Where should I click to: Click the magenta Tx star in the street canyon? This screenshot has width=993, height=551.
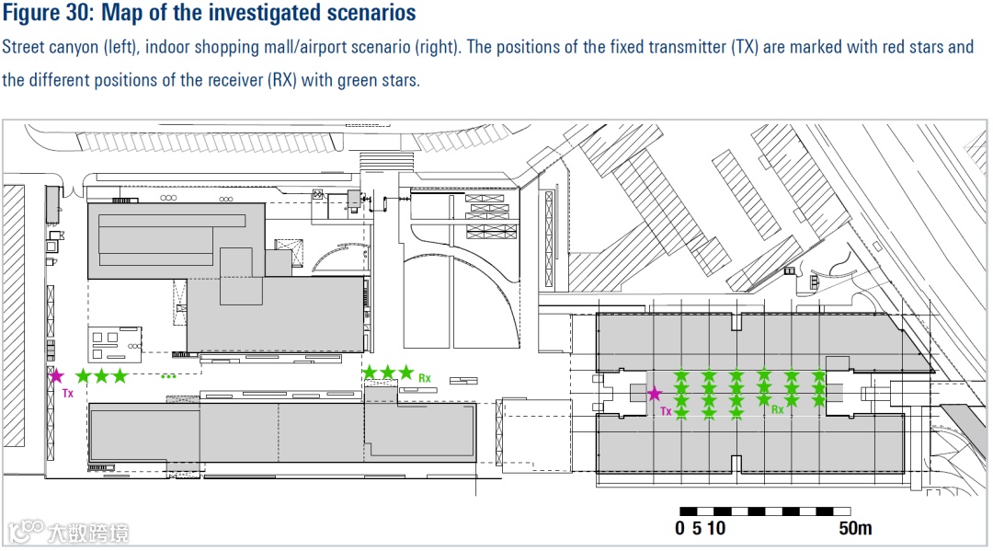coord(56,375)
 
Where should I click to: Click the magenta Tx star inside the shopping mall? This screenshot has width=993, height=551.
coord(654,394)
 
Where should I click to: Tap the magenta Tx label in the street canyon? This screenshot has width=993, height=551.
coord(67,393)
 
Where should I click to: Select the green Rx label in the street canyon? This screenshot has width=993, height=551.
coord(425,377)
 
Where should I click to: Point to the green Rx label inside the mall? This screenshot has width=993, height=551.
coord(778,409)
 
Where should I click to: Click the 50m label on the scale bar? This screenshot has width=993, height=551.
coord(855,528)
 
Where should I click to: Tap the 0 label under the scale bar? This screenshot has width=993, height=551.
coord(679,528)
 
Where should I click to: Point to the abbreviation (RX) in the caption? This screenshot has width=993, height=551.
coord(287,80)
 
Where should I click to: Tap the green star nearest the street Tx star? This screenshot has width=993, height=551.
coord(83,375)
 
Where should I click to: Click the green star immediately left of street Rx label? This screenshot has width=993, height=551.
coord(405,372)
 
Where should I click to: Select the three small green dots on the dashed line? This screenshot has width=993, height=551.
coord(168,375)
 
